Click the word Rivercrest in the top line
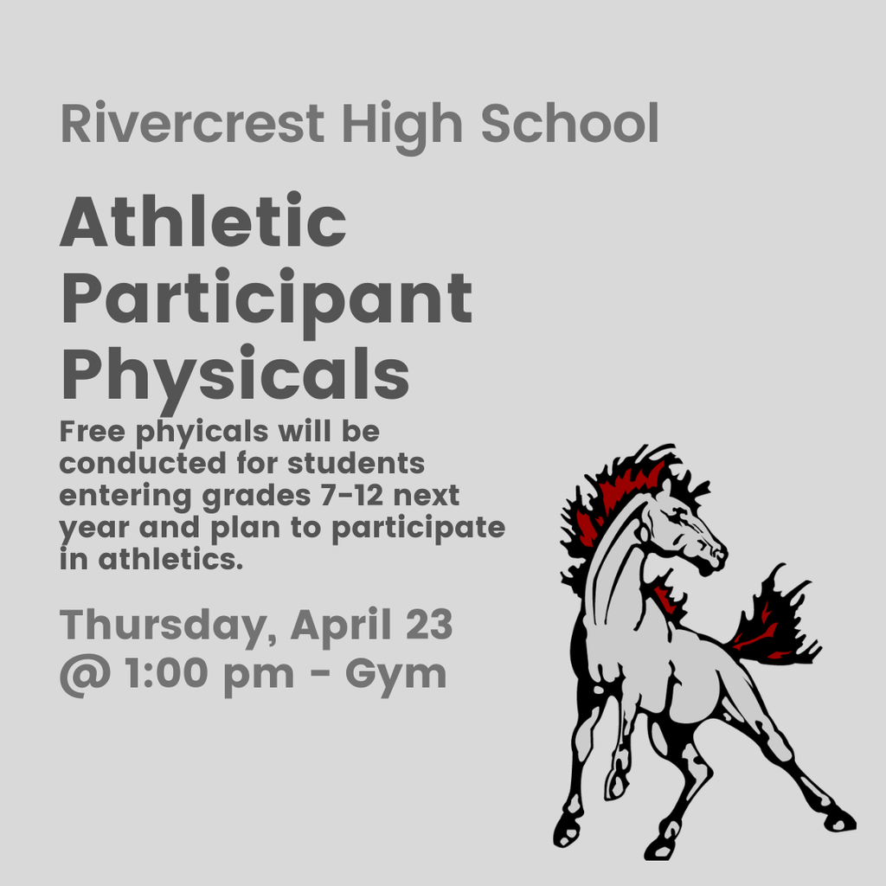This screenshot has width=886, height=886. click(x=191, y=124)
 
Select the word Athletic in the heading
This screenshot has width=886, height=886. click(x=202, y=221)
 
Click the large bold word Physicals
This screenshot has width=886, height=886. click(x=234, y=375)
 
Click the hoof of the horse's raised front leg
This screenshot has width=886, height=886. click(x=615, y=783)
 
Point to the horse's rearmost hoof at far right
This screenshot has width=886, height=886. click(x=838, y=819)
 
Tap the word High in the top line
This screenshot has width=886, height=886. click(x=401, y=124)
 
